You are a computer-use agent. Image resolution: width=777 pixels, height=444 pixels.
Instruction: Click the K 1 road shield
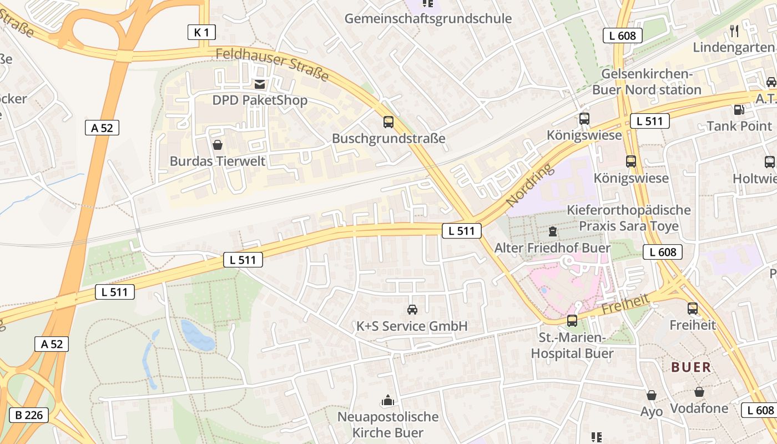pos(201,33)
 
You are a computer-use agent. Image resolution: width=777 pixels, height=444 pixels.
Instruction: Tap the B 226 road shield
pos(29,415)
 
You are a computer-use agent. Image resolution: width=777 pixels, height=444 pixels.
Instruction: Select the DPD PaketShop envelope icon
pos(259,85)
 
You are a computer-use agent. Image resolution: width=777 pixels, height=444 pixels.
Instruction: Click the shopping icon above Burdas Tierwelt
pos(218,145)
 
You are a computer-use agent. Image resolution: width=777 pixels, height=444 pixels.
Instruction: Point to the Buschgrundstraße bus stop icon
pos(389,122)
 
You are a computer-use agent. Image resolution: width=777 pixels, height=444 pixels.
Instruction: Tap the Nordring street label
pos(530,185)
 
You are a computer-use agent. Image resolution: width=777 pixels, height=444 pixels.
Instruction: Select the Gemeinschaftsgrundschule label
pos(428,18)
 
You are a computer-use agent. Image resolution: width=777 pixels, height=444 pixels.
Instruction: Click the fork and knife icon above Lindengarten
pos(734,31)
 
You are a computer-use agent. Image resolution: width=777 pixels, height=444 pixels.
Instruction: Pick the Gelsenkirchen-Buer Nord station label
pos(647,82)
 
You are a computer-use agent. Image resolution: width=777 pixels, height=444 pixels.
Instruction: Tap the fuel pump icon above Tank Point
pos(739,110)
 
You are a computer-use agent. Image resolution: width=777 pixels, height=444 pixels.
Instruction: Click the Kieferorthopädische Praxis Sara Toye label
pos(628,218)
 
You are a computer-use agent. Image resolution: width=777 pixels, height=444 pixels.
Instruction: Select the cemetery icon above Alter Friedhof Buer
pos(553,231)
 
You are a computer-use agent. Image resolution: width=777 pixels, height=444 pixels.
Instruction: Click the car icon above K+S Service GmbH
pos(412,310)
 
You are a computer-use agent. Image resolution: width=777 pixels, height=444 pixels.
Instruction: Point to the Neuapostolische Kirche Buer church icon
pos(387,400)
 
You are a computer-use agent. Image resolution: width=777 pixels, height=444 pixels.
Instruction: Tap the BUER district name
pos(691,367)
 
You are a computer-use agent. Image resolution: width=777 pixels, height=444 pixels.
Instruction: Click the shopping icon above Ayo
pos(652,395)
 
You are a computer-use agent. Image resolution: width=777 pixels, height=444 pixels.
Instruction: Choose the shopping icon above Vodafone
pos(699,392)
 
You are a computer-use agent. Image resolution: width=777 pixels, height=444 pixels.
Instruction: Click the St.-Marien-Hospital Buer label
pos(572,345)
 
